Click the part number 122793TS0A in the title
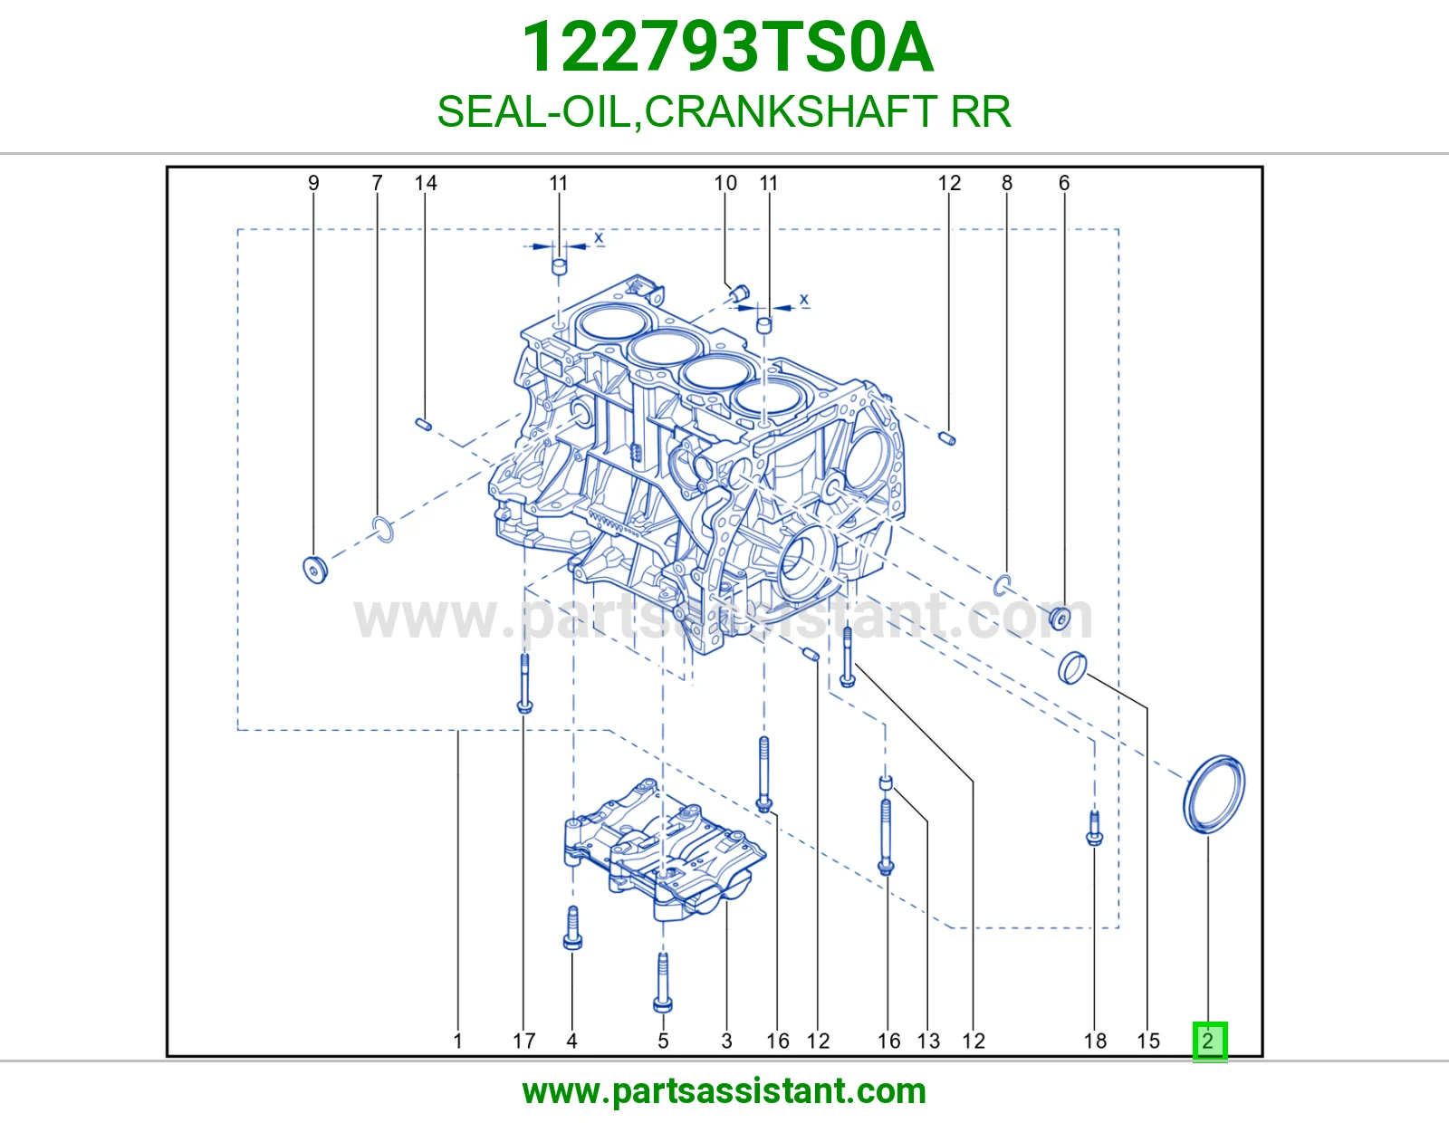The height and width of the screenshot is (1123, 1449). coord(727,47)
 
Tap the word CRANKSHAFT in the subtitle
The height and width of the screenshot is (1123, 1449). coord(792,111)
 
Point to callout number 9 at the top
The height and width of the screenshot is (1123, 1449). coord(313,183)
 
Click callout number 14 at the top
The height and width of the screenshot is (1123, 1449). coord(426,183)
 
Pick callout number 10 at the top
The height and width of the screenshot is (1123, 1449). coord(725,183)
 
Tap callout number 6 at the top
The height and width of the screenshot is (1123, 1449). coord(1064,183)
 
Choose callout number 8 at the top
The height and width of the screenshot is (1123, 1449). coord(1007,183)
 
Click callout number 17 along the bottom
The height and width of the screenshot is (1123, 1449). coord(524,1041)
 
